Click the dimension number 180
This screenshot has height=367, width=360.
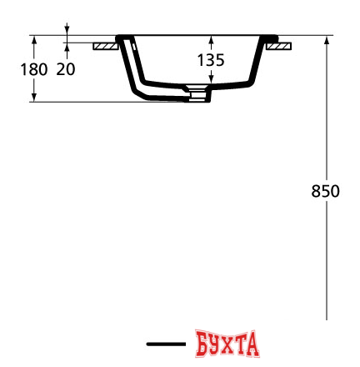pyautogui.click(x=32, y=69)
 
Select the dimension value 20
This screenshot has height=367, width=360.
pyautogui.click(x=65, y=69)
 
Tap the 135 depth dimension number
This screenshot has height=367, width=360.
pyautogui.click(x=211, y=60)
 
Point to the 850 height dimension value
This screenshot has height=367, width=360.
pyautogui.click(x=324, y=191)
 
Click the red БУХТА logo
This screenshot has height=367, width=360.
pyautogui.click(x=227, y=343)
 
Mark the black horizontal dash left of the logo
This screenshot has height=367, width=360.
pyautogui.click(x=165, y=344)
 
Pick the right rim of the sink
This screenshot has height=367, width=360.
pyautogui.click(x=271, y=38)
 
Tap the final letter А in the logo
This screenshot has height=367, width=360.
pyautogui.click(x=252, y=343)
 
